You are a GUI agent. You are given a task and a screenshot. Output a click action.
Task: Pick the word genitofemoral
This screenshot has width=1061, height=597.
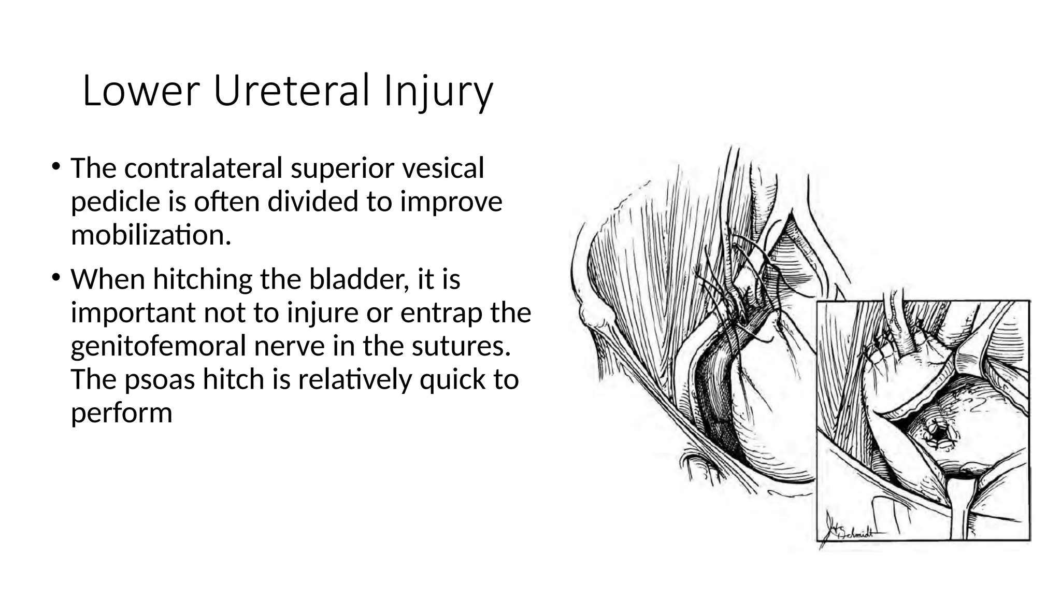(158, 346)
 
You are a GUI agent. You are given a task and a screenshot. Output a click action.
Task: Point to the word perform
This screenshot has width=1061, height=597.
(121, 414)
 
